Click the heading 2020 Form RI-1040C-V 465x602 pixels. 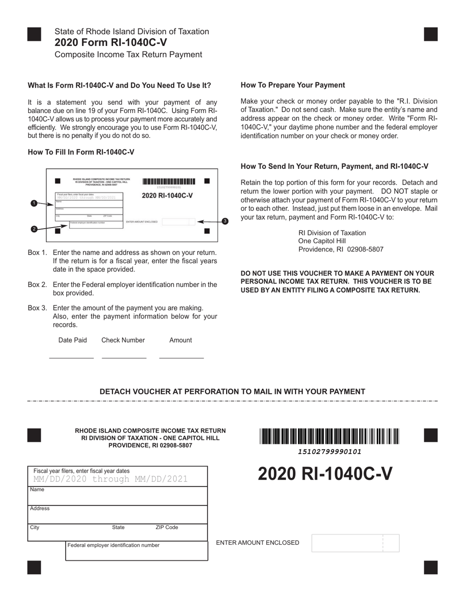pyautogui.click(x=111, y=43)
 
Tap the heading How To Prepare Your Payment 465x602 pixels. pyautogui.click(x=293, y=85)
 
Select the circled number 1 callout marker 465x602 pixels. pyautogui.click(x=34, y=203)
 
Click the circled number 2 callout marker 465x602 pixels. pyautogui.click(x=34, y=229)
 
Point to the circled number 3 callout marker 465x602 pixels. pyautogui.click(x=225, y=221)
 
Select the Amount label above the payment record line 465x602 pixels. pyautogui.click(x=181, y=340)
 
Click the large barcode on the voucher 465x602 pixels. pyautogui.click(x=329, y=436)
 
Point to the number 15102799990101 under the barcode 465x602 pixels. pyautogui.click(x=329, y=452)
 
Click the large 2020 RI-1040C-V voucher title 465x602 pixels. pyautogui.click(x=325, y=474)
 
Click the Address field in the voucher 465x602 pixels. pyautogui.click(x=117, y=515)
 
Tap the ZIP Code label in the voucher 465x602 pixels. pyautogui.click(x=167, y=528)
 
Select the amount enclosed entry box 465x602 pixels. pyautogui.click(x=355, y=543)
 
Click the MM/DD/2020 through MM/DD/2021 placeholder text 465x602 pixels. pyautogui.click(x=111, y=479)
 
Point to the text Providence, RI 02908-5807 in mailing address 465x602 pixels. pyautogui.click(x=341, y=249)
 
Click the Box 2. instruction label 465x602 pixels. pyautogui.click(x=38, y=284)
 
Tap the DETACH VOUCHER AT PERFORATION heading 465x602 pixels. pyautogui.click(x=232, y=392)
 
